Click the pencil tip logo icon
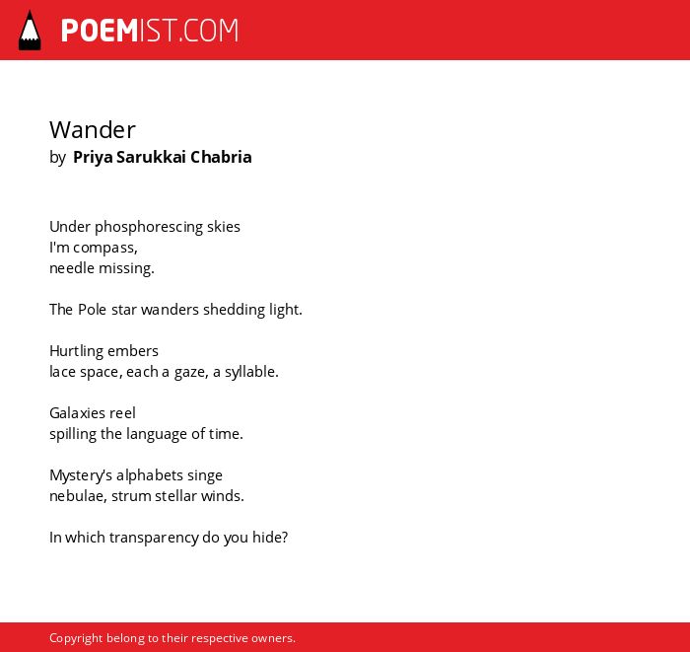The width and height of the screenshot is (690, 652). tap(30, 30)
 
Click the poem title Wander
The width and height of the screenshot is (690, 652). tap(93, 130)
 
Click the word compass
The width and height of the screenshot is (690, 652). tap(105, 249)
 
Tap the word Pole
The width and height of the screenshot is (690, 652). tap(92, 310)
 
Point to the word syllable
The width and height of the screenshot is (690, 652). tap(251, 373)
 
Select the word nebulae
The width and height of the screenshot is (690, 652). tap(78, 496)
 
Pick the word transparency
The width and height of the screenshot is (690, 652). tap(154, 538)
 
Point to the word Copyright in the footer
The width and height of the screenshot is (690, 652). tap(76, 638)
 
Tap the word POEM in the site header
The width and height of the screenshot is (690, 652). tap(100, 31)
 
